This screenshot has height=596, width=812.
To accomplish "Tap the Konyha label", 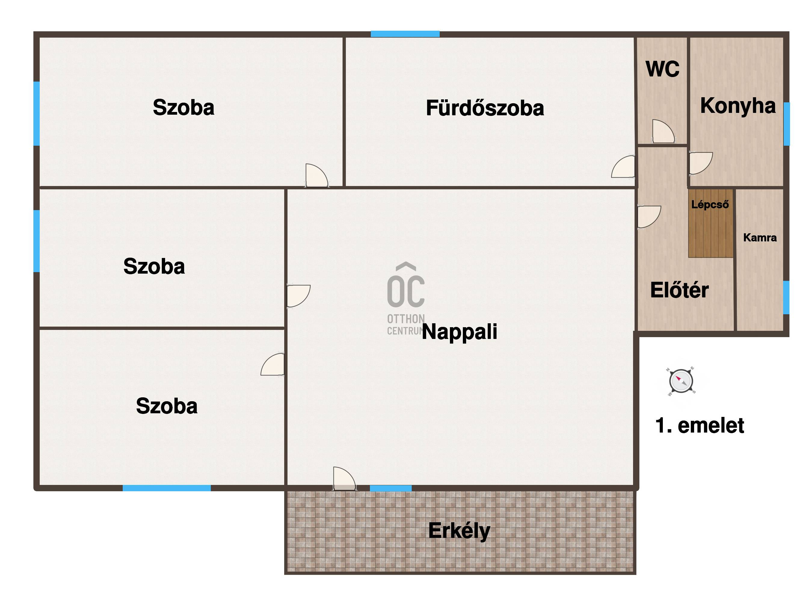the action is click(738, 106).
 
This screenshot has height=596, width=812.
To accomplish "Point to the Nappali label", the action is click(460, 331).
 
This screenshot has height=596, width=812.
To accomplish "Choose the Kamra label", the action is click(760, 237).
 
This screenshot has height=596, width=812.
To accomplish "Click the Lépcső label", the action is click(710, 205).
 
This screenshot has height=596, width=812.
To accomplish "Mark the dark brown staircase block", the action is click(711, 223).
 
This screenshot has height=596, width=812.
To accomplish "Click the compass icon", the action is click(681, 381).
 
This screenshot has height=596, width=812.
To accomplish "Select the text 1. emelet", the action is click(700, 425).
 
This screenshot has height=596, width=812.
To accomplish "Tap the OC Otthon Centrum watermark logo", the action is click(406, 299).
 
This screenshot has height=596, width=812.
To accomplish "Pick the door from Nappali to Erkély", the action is click(344, 479).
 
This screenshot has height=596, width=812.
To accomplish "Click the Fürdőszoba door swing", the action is click(623, 167).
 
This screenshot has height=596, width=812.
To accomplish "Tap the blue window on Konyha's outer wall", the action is click(786, 124).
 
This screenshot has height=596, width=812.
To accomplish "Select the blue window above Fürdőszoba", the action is click(405, 34).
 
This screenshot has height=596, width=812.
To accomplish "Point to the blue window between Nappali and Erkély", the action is click(391, 488).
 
